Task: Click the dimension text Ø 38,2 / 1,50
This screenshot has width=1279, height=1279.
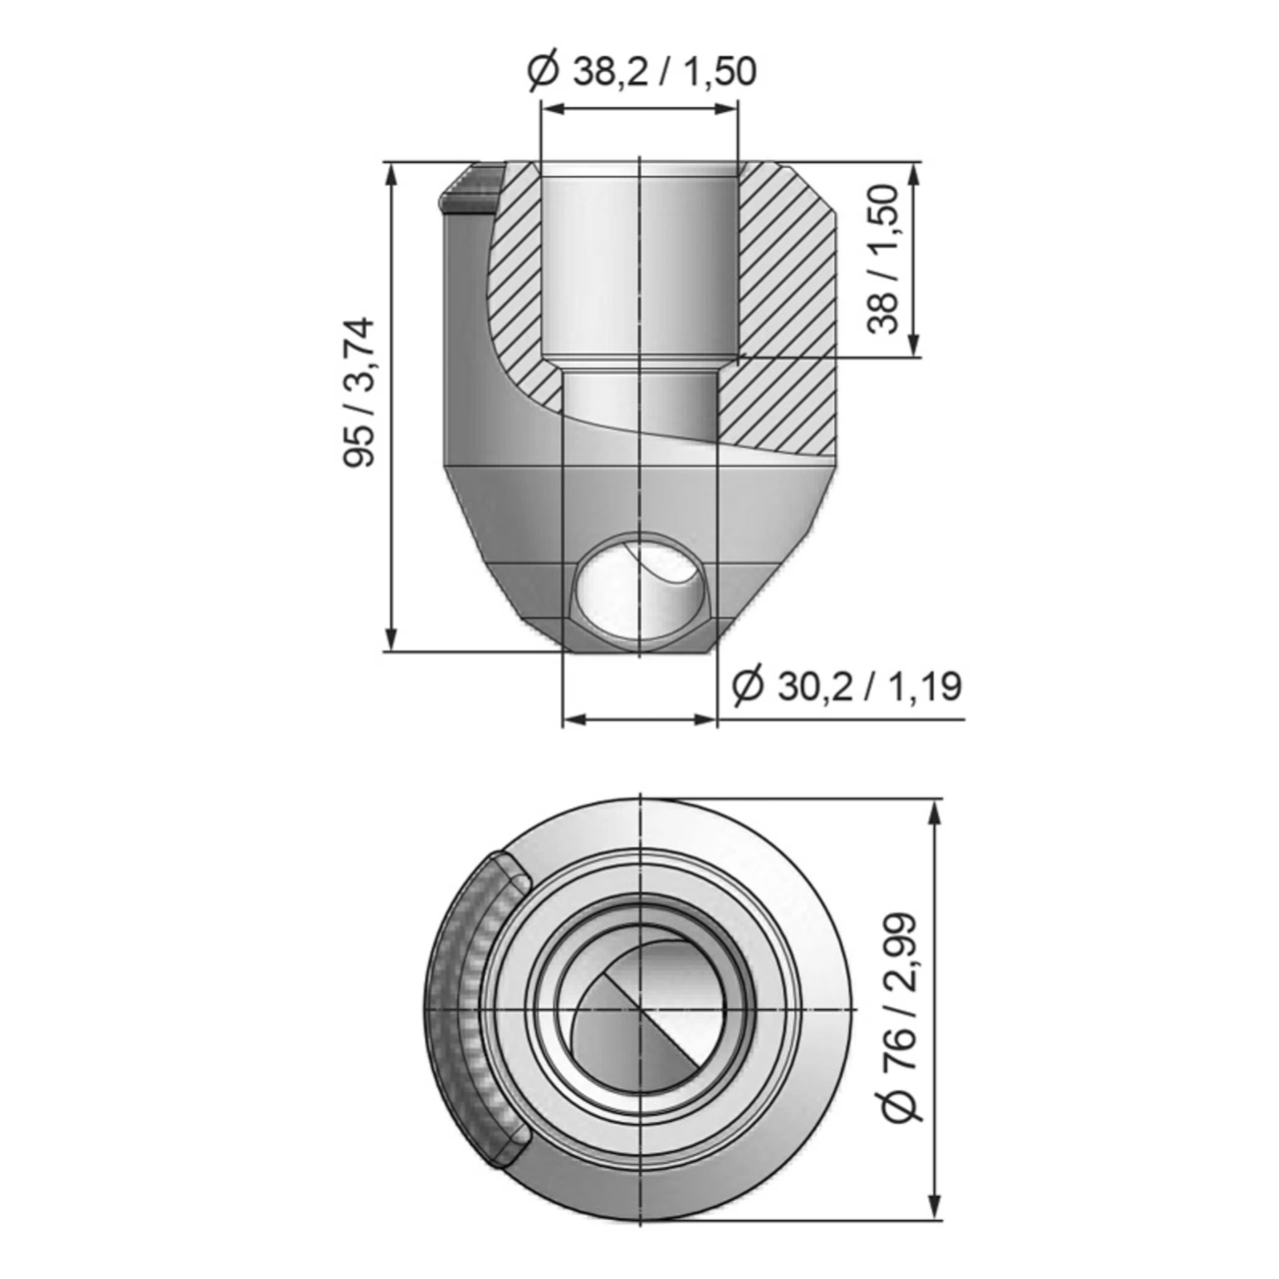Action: (640, 71)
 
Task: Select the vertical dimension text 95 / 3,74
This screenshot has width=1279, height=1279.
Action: (359, 391)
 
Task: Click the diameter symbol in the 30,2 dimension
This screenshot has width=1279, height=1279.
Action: (747, 687)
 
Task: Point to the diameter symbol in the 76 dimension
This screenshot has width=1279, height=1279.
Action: (901, 1107)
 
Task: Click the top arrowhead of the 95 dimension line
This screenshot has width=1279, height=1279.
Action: (392, 172)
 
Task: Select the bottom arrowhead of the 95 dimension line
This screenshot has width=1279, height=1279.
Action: (392, 639)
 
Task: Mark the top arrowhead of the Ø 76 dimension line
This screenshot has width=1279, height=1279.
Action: (935, 811)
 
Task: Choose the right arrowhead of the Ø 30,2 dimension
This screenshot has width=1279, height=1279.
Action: (706, 718)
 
